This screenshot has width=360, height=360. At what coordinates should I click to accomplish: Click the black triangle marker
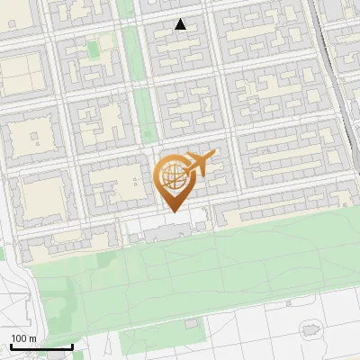(x=181, y=25)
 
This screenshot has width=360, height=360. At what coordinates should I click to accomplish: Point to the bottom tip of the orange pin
(x=174, y=212)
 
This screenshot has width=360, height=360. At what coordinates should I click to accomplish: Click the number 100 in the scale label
(x=19, y=338)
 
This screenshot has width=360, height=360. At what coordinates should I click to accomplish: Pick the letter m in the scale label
(x=32, y=338)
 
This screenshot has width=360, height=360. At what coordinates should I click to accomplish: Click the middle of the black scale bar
(x=41, y=346)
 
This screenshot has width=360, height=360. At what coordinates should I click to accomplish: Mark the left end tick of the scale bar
(x=11, y=346)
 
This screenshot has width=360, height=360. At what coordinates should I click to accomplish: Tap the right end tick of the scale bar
(x=72, y=346)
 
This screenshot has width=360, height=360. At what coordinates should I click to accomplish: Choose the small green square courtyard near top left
(x=94, y=47)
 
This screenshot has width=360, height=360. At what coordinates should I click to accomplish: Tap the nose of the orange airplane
(x=215, y=155)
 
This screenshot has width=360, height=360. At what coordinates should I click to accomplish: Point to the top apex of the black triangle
(x=181, y=19)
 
